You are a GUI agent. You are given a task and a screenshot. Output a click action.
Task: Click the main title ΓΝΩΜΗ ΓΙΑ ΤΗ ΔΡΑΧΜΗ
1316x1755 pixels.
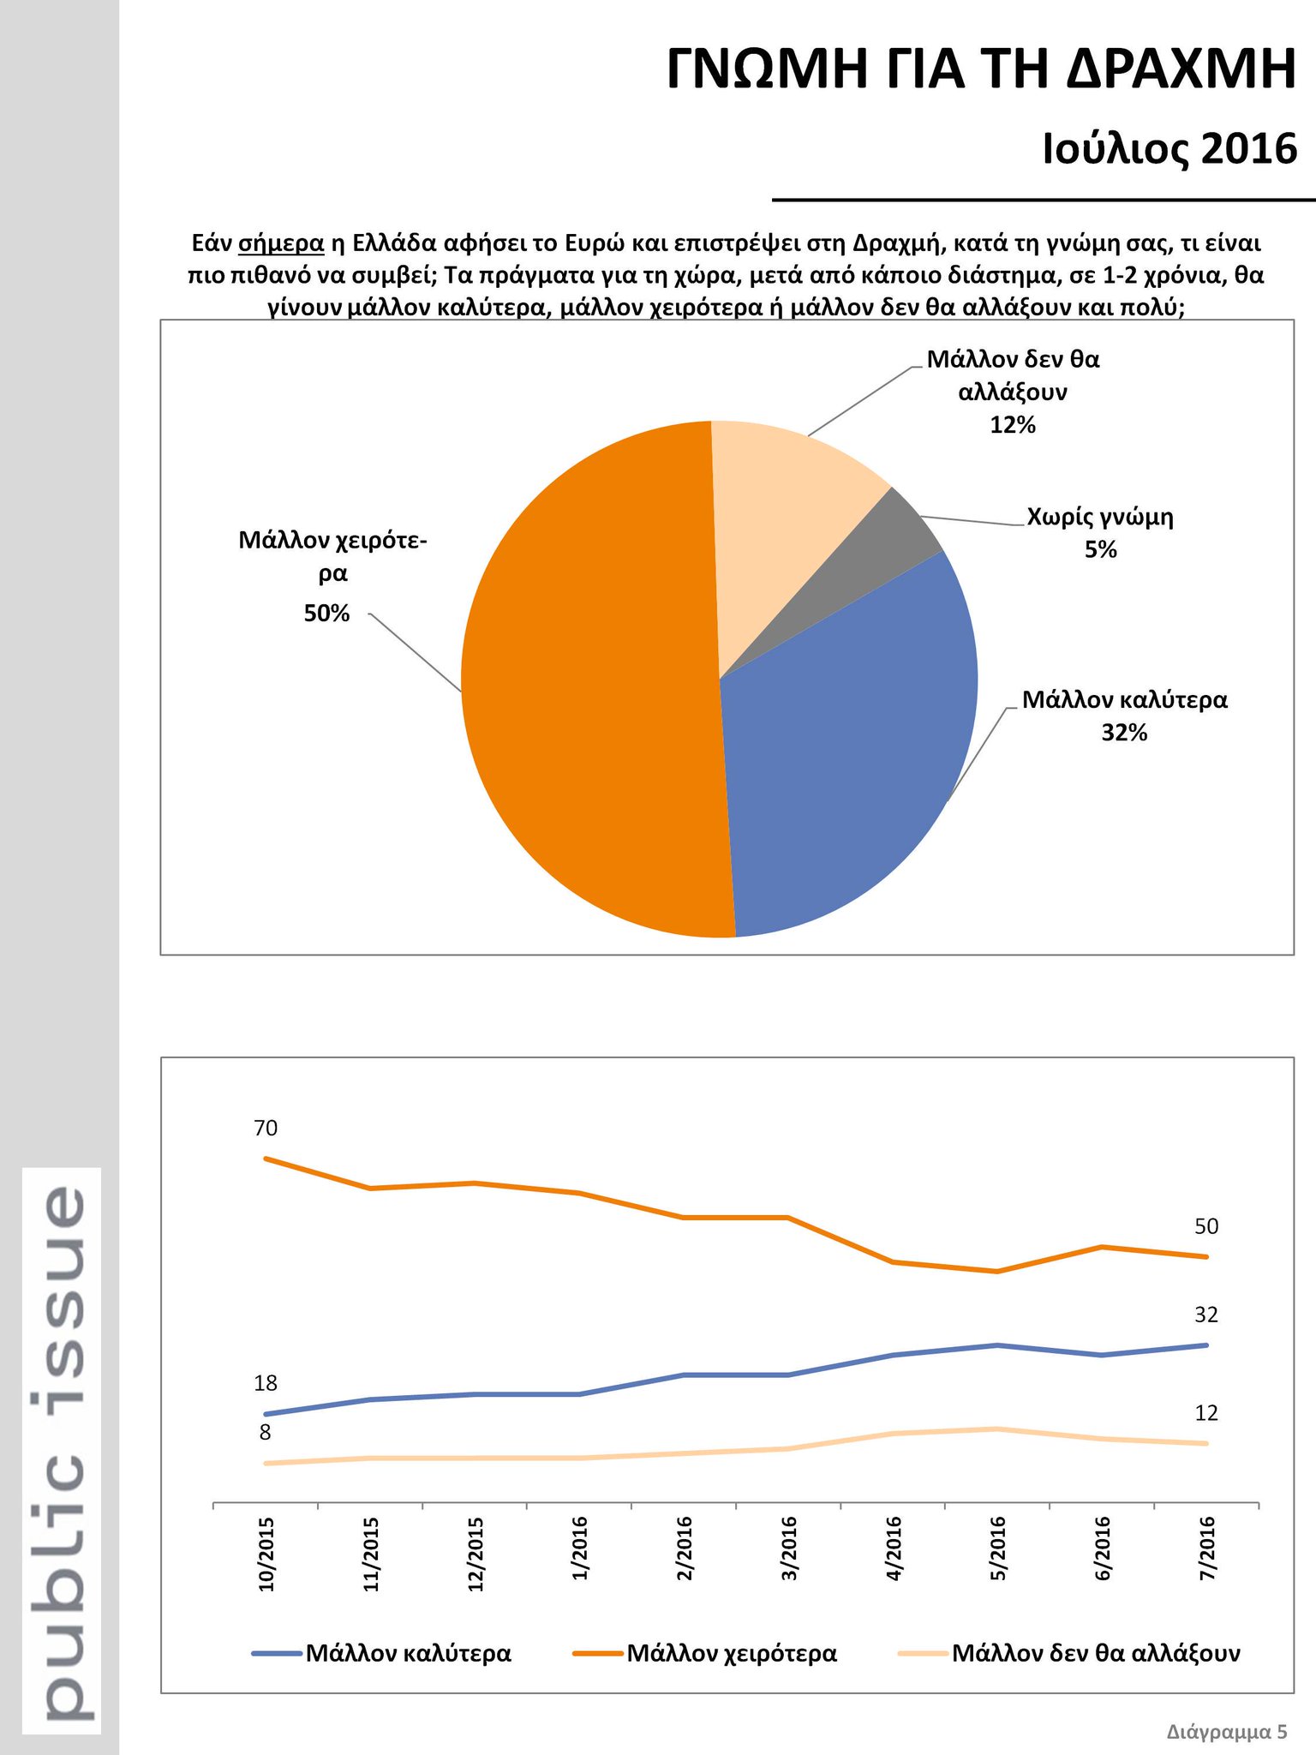tap(981, 70)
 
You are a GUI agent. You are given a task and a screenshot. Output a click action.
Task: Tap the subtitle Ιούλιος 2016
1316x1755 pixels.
tap(1169, 149)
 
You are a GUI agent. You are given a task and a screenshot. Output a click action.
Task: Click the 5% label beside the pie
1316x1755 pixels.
tap(1101, 550)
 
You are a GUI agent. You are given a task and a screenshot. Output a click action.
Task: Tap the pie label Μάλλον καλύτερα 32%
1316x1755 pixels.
tap(1124, 716)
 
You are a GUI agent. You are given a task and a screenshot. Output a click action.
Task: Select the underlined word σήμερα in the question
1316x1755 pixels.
tap(281, 243)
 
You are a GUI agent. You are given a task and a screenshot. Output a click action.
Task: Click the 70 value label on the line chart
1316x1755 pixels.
tap(266, 1128)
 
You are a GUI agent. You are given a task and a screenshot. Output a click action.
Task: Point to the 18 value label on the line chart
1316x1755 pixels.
tap(266, 1383)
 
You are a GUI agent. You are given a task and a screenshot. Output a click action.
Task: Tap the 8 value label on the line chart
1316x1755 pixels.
tap(266, 1432)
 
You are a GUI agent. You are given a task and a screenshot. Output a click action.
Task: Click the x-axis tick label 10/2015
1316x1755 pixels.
tap(266, 1554)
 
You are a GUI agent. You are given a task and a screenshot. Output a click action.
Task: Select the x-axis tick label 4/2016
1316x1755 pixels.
tap(894, 1548)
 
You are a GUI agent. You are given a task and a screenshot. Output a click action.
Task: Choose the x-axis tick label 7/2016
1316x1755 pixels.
tap(1207, 1548)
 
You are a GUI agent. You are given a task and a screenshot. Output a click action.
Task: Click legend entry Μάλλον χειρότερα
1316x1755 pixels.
tap(731, 1652)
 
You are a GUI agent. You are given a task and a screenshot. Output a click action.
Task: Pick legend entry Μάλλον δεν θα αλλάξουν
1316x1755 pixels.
tap(1096, 1652)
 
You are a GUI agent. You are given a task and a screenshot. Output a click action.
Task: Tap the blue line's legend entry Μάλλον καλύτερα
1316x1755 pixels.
tap(408, 1652)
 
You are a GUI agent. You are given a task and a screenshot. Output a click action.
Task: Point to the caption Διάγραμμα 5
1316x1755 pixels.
tap(1226, 1732)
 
